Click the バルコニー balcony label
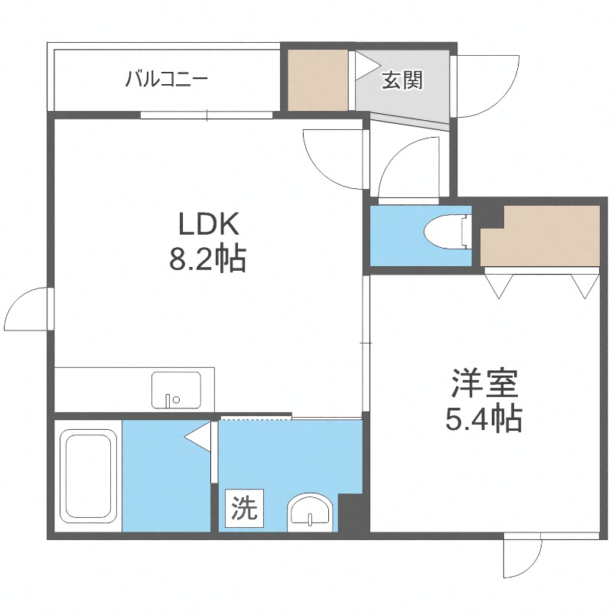(x=167, y=78)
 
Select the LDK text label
(x=209, y=224)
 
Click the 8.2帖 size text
(x=207, y=260)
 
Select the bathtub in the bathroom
(x=88, y=475)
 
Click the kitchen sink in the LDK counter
(x=176, y=389)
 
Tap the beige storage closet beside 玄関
(x=318, y=79)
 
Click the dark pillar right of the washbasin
(x=353, y=513)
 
